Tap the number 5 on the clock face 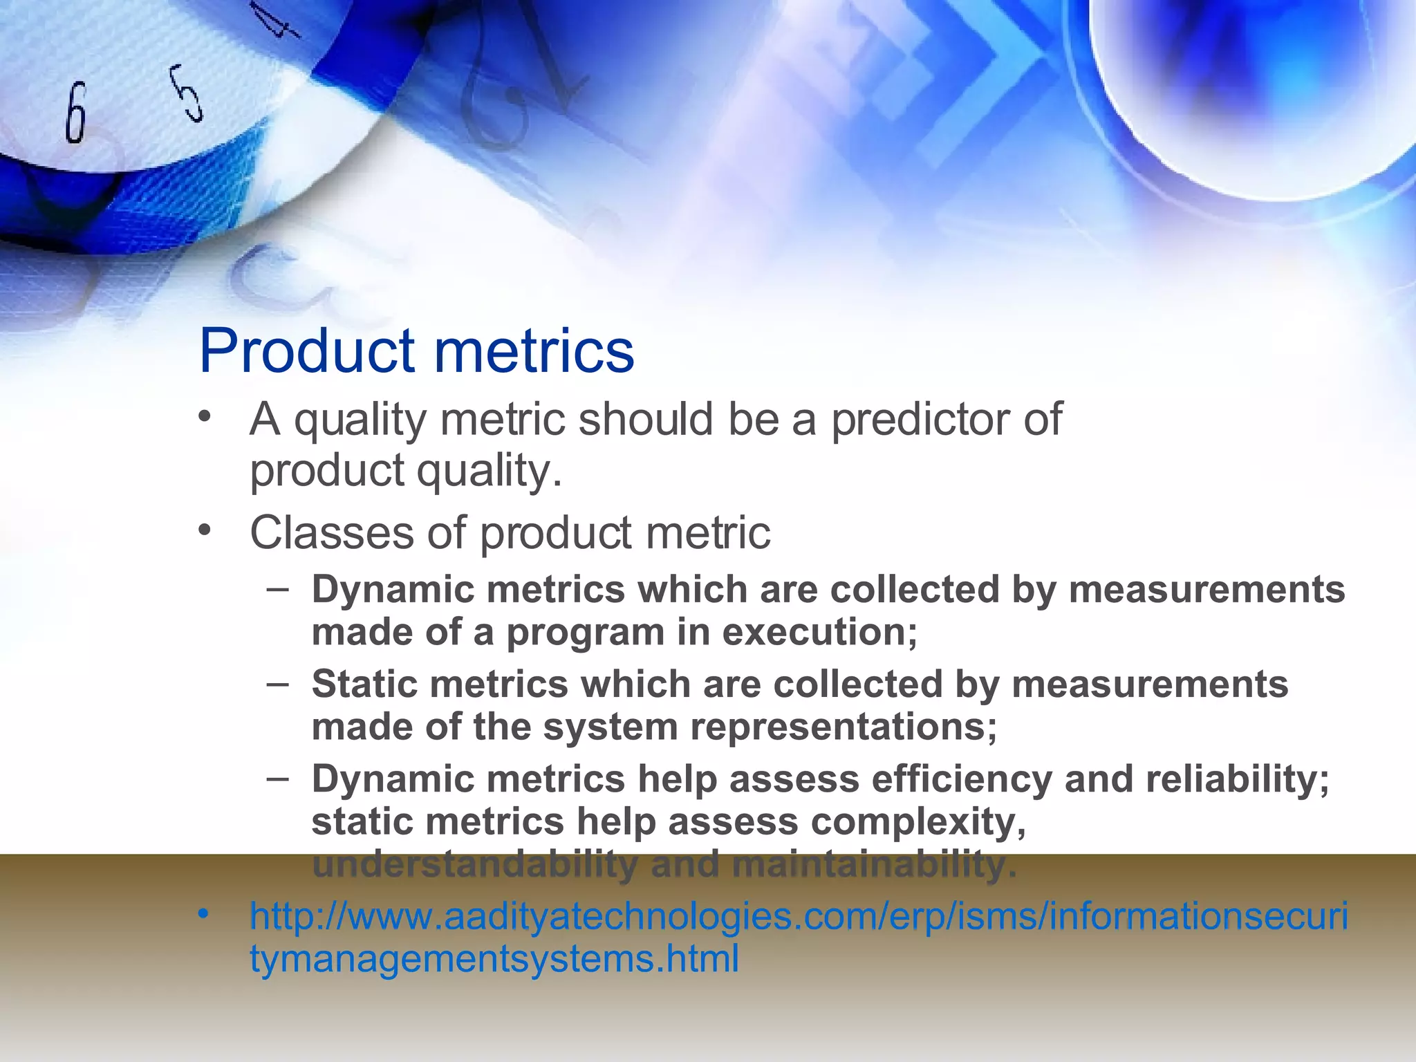coord(187,93)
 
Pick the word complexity coord(917,822)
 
